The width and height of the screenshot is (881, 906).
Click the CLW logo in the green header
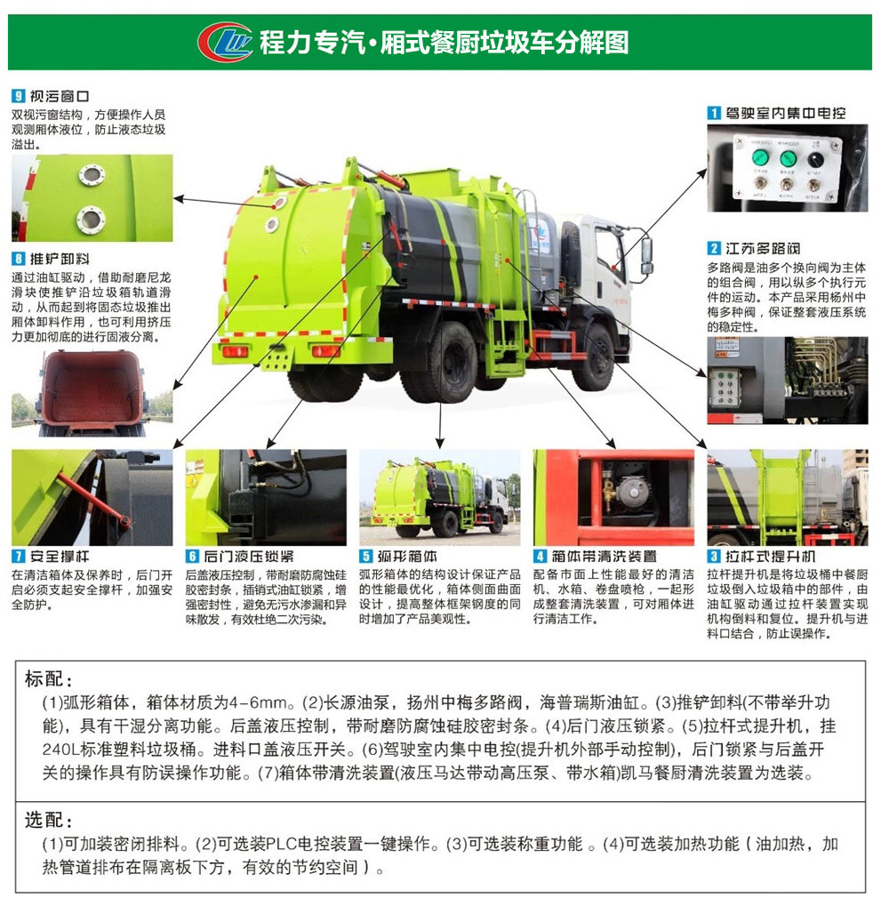(225, 42)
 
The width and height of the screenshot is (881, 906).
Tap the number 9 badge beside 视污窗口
(19, 96)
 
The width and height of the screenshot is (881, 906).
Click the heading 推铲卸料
(60, 259)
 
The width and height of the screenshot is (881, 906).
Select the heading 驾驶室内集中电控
(785, 113)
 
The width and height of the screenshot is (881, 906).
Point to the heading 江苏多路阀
(763, 248)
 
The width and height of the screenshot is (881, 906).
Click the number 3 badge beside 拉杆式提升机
(714, 557)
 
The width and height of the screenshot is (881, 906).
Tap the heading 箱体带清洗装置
(604, 557)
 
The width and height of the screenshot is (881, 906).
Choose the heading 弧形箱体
(407, 557)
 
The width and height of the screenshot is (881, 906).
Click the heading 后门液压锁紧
(248, 557)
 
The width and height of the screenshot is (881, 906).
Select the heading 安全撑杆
(60, 557)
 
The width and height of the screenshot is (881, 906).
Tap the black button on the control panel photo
(815, 159)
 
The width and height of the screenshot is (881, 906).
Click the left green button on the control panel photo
(761, 157)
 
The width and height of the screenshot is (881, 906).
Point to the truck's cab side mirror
(646, 255)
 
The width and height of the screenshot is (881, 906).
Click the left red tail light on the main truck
(235, 350)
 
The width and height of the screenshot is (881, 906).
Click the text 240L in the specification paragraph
(60, 750)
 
